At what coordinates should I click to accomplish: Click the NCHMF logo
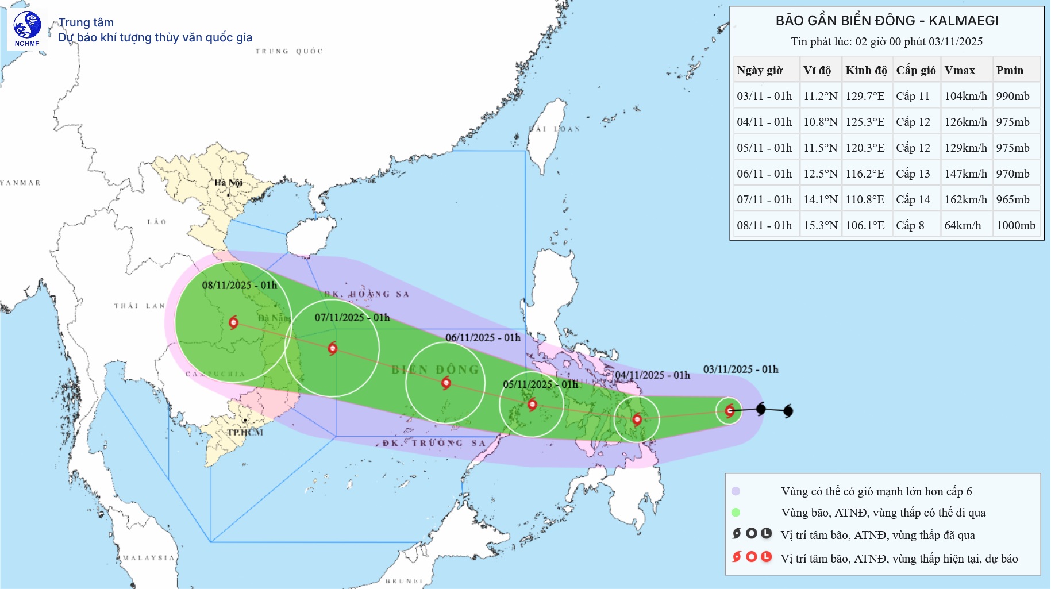(27, 28)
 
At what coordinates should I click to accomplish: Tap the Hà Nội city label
(228, 183)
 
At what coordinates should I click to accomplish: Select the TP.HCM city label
(245, 432)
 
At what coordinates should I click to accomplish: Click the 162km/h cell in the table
(965, 199)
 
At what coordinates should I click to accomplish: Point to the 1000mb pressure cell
(1015, 225)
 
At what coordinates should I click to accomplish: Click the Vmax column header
(960, 70)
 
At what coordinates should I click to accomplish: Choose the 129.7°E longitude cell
(865, 96)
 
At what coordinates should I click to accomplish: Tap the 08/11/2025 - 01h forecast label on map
(239, 285)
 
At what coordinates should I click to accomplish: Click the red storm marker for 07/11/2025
(332, 348)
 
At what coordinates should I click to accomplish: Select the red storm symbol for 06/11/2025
(446, 383)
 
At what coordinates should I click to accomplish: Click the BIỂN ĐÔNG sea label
(435, 369)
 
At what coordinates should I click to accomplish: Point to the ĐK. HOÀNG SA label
(366, 294)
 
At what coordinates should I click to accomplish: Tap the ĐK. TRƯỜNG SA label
(434, 443)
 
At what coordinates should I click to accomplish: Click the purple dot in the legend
(736, 491)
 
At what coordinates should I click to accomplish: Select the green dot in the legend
(736, 512)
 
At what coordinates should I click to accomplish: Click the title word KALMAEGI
(963, 21)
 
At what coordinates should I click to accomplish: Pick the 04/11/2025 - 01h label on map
(652, 375)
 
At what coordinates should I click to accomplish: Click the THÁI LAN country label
(139, 306)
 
